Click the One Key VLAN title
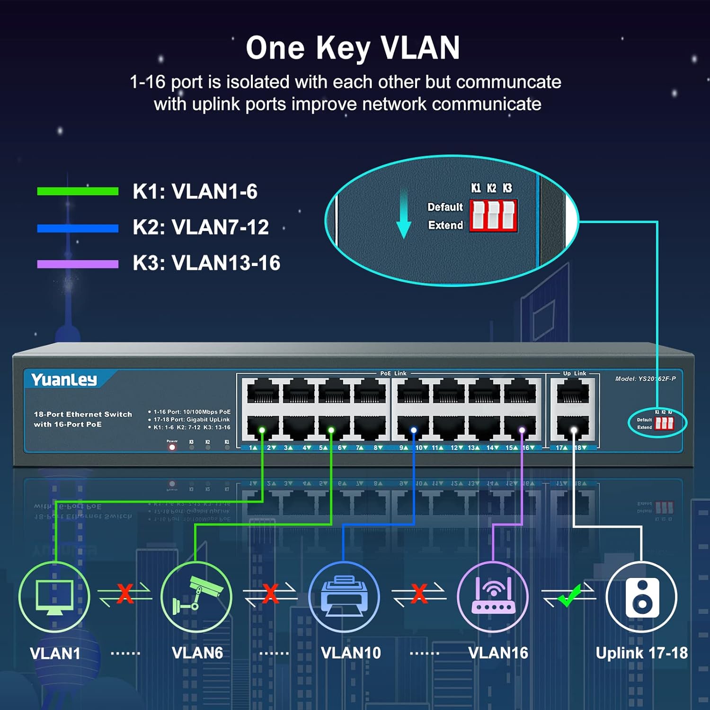(x=353, y=48)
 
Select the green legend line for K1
(x=78, y=191)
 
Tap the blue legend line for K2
(x=78, y=228)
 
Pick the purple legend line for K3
(x=78, y=264)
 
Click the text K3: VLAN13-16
(x=206, y=263)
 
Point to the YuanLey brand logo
(x=64, y=380)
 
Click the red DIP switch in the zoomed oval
(x=493, y=216)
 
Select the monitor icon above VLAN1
(x=54, y=597)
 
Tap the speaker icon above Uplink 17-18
(x=642, y=597)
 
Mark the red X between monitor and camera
(x=125, y=594)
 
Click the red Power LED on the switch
(x=172, y=447)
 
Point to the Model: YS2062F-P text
(x=645, y=379)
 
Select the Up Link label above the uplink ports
(x=574, y=373)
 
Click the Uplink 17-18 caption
(x=641, y=653)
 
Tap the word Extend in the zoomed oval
(x=445, y=225)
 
